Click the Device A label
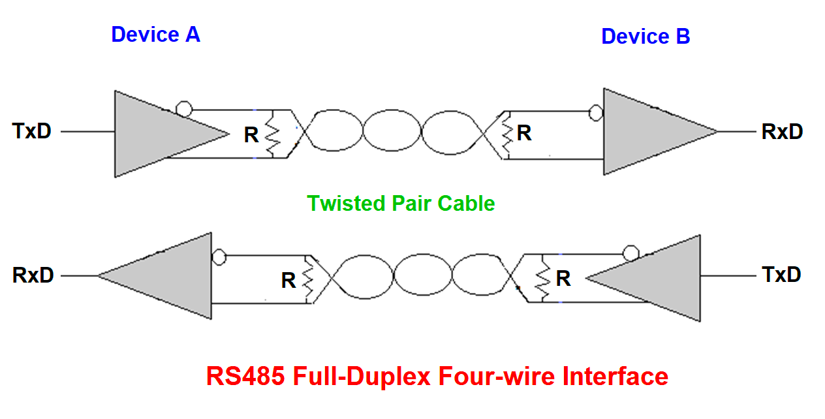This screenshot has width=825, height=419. tap(155, 35)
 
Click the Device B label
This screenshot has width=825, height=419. tap(645, 37)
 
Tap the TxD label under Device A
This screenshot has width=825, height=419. tap(31, 131)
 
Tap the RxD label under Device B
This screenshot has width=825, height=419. tap(782, 132)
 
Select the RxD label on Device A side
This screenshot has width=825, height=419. tap(33, 275)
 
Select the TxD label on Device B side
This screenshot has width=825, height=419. tap(781, 274)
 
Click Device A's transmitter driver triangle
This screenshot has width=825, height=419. tap(157, 134)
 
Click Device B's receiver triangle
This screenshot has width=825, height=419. tap(646, 132)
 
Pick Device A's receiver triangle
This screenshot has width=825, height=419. tap(170, 275)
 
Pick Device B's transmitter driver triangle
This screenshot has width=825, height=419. tap(659, 278)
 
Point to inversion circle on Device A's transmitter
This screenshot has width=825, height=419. tap(185, 109)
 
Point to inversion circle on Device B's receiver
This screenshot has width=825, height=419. tap(595, 114)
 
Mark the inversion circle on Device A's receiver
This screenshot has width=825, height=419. tap(219, 256)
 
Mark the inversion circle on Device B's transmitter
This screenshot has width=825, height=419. tap(630, 253)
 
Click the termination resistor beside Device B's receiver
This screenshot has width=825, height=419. tap(506, 134)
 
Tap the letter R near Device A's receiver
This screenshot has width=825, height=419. tap(288, 281)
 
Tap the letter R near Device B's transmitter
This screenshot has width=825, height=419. tap(563, 279)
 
